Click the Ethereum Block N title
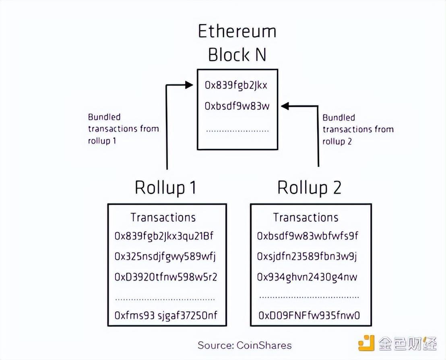point(237,43)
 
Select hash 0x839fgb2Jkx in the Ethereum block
point(236,85)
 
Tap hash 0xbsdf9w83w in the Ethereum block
point(237,106)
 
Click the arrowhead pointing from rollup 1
point(188,85)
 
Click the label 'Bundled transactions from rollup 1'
point(123,129)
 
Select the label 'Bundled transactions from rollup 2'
point(358,129)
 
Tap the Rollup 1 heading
point(165,187)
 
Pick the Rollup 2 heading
point(310,187)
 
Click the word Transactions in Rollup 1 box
point(163,217)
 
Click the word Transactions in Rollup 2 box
point(306,217)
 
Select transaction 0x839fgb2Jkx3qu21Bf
point(164,236)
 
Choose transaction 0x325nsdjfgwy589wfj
point(166,257)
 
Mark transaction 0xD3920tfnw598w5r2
point(166,277)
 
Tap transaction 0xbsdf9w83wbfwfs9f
point(308,236)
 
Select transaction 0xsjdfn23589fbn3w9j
point(307,257)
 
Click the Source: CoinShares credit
point(244,345)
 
